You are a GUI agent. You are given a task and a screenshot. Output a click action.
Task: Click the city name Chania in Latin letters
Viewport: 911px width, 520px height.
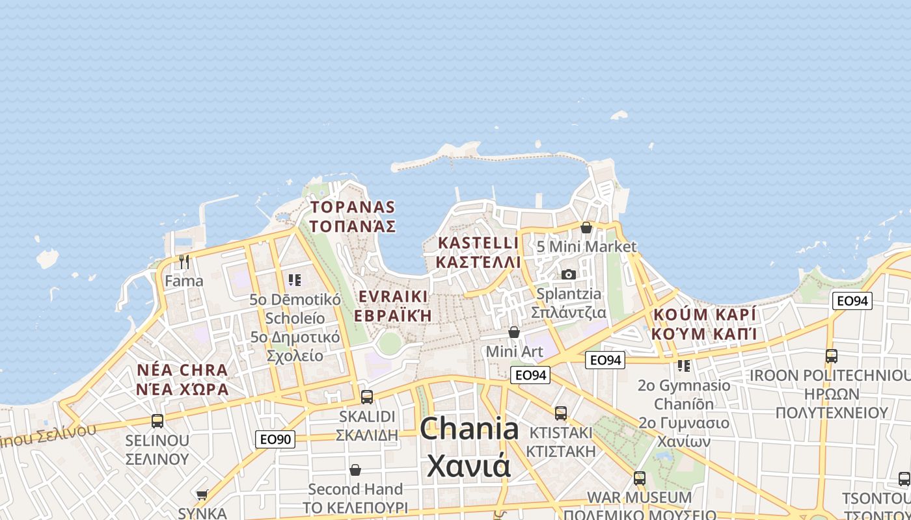(469, 430)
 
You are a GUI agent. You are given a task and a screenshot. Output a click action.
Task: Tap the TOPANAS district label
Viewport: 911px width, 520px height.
(353, 207)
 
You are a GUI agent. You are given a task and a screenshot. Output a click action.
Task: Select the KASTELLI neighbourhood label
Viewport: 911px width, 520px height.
(479, 242)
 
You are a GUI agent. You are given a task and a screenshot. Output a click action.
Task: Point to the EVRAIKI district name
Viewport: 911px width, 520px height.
(393, 296)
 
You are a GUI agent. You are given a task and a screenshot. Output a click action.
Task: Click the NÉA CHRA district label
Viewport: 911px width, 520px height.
(183, 370)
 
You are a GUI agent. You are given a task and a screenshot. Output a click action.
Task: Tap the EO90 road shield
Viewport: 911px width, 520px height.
(275, 439)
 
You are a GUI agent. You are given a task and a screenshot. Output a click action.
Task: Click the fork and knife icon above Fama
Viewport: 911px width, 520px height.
(184, 262)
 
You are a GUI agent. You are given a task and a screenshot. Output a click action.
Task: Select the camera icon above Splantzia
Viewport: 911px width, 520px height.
(569, 274)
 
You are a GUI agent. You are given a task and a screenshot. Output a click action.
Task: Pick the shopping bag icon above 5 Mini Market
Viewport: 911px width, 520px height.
(586, 227)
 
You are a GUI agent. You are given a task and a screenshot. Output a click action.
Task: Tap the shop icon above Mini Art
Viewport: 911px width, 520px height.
(514, 332)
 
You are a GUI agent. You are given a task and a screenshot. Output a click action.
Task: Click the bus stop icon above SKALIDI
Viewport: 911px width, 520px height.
(367, 396)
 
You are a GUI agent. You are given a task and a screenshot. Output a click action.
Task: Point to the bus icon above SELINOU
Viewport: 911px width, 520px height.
(157, 421)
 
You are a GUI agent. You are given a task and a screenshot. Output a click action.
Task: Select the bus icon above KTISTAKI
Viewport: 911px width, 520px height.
(561, 413)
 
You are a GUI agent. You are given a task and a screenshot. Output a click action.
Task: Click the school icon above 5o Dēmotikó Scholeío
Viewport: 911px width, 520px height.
(295, 280)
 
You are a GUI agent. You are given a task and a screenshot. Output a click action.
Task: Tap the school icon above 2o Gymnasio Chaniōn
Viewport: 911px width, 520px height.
(684, 366)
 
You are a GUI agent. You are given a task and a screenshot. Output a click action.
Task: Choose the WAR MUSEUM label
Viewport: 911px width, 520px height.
(640, 497)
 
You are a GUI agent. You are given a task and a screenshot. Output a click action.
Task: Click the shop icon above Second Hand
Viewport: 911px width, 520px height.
(355, 469)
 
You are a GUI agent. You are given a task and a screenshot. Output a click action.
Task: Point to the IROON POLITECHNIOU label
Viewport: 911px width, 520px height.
(830, 376)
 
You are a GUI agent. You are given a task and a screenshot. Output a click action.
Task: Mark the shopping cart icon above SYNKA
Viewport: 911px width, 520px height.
(202, 495)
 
